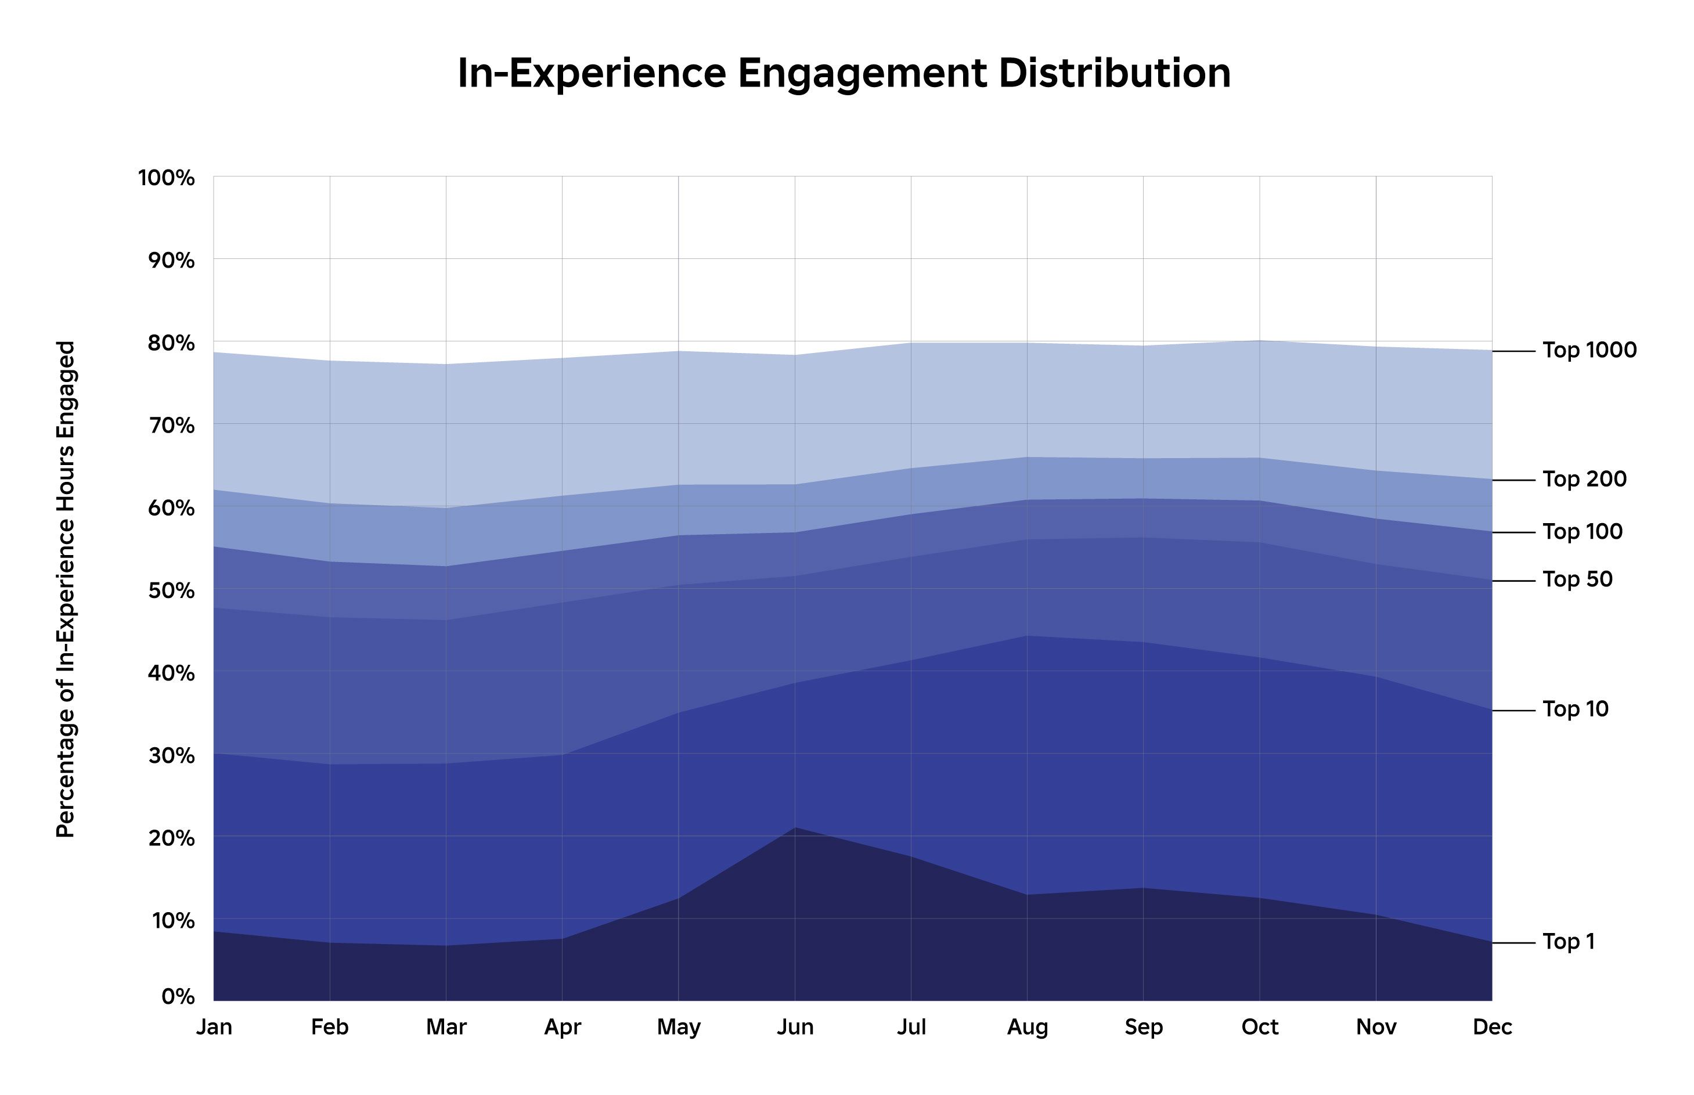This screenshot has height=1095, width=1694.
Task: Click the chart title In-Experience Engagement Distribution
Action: (844, 73)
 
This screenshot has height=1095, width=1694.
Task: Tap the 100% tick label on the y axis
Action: (165, 178)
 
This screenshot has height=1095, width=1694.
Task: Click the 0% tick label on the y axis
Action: (178, 996)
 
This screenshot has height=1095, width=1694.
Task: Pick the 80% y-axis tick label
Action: (171, 344)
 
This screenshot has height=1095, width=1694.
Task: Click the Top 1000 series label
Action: (1589, 351)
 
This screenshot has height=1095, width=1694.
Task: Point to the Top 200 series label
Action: (1584, 480)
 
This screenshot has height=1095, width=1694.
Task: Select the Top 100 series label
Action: (1582, 532)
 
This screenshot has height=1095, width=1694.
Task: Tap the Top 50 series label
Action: (1577, 580)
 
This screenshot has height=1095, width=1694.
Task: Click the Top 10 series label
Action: (1574, 709)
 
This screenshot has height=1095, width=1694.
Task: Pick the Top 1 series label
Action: (1568, 942)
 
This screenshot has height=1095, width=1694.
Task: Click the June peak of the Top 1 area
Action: (795, 829)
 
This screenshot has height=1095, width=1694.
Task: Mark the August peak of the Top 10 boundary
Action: (1027, 636)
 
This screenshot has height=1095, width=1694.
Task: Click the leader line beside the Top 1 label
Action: (1513, 943)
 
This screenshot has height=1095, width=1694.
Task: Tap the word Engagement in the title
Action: (862, 73)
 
